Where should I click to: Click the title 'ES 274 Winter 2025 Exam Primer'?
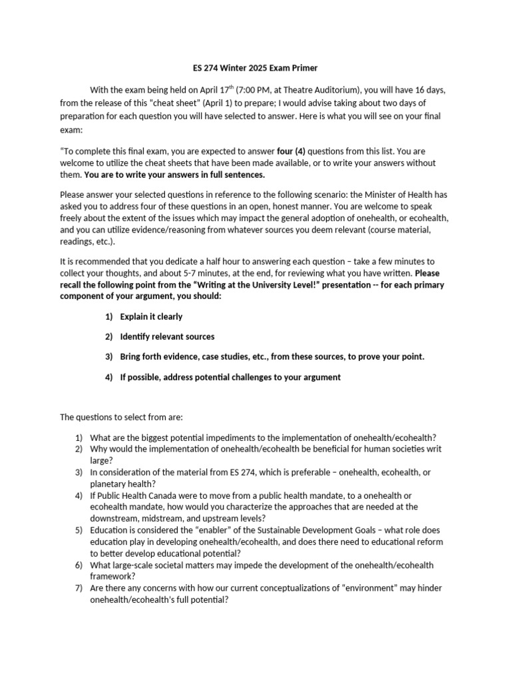tap(255, 67)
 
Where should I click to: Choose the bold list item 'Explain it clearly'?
tap(151, 316)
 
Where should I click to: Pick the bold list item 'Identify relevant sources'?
tap(167, 336)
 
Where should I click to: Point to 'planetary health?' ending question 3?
tap(120, 484)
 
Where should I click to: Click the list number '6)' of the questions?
tap(79, 565)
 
